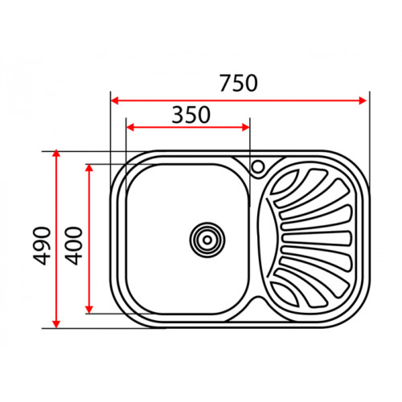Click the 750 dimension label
(x=239, y=84)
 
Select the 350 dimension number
(x=191, y=115)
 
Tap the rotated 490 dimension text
(x=42, y=246)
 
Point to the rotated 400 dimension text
(x=74, y=246)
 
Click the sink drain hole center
(x=207, y=240)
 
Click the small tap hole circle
(x=258, y=166)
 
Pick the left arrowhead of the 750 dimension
(x=115, y=100)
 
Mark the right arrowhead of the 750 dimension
(x=363, y=100)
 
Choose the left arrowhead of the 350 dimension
(x=130, y=127)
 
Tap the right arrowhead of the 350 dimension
(x=245, y=127)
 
